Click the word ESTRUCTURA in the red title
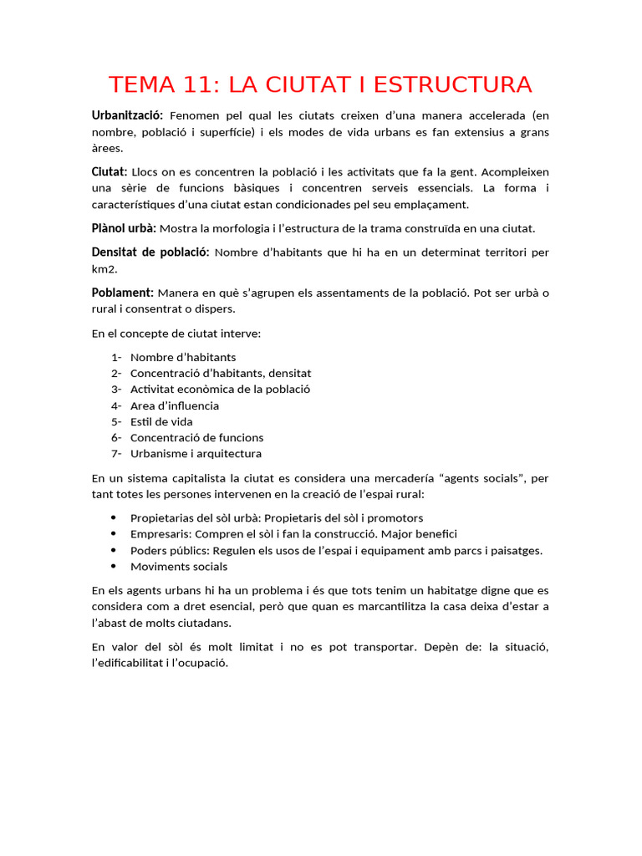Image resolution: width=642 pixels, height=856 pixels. pyautogui.click(x=452, y=84)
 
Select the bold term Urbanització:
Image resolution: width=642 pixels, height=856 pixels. pyautogui.click(x=127, y=115)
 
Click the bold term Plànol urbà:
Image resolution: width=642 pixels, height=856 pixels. pyautogui.click(x=124, y=228)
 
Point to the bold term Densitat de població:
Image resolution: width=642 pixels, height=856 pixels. pyautogui.click(x=150, y=252)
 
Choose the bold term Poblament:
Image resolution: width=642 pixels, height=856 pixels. pyautogui.click(x=122, y=293)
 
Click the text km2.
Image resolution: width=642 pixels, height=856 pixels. pyautogui.click(x=104, y=269)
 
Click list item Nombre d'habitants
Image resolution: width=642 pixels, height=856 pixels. pyautogui.click(x=183, y=357)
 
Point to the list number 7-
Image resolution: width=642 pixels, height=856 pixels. pyautogui.click(x=116, y=454)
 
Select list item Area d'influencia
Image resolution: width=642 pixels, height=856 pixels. pyautogui.click(x=175, y=405)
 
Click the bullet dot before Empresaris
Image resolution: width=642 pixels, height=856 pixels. pyautogui.click(x=114, y=534)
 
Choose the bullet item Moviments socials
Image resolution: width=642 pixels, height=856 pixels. pyautogui.click(x=179, y=567)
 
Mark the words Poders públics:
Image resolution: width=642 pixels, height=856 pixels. pyautogui.click(x=170, y=551)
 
